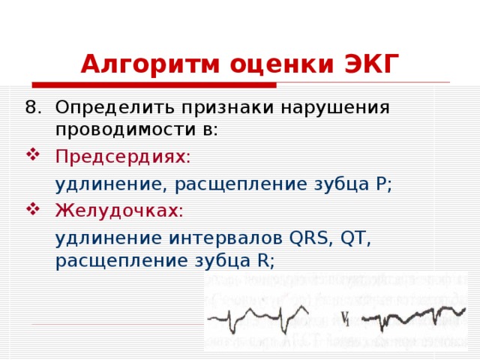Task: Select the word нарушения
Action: point(326,106)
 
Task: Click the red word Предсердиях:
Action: point(123,157)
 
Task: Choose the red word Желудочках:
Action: point(119,211)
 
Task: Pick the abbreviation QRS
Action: point(308,238)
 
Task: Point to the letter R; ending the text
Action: point(266,260)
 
